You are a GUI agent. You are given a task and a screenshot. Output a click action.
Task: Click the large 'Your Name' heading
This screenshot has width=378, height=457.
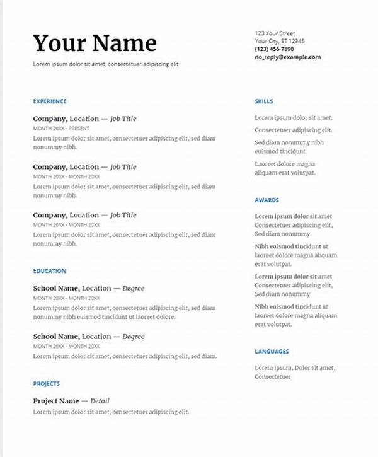[x=94, y=43]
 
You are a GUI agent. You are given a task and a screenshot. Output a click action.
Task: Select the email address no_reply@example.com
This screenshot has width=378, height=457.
[x=287, y=57]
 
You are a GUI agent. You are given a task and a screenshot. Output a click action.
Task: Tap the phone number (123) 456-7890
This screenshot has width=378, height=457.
[x=274, y=49]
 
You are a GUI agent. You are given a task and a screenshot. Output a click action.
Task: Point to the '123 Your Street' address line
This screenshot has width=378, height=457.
[x=275, y=33]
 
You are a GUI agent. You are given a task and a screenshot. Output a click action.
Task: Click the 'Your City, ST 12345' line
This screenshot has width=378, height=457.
[x=280, y=41]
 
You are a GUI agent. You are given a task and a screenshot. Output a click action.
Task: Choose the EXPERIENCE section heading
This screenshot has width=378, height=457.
[x=50, y=101]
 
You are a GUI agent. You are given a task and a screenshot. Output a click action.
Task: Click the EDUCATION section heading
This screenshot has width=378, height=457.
[x=50, y=271]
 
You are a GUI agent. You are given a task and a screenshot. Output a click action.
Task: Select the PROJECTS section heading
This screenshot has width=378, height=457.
[x=47, y=383]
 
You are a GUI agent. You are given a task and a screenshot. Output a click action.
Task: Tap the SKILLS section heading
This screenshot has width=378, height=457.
[x=264, y=101]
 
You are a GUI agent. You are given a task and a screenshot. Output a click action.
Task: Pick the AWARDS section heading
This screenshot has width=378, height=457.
[x=266, y=200]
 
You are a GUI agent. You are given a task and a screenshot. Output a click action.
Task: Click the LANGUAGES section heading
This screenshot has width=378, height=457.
[x=272, y=352]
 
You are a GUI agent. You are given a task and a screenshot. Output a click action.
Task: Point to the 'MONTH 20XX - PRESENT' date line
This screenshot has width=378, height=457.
[x=62, y=128]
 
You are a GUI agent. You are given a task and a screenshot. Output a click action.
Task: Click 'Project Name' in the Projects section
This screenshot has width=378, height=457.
[x=56, y=401]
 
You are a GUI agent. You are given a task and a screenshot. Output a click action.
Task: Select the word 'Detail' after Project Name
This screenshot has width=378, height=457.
[x=100, y=401]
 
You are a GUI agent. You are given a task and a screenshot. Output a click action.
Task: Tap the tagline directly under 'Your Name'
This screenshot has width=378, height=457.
[x=106, y=64]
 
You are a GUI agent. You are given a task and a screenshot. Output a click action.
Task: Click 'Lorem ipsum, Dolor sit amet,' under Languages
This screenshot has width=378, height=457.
[x=295, y=368]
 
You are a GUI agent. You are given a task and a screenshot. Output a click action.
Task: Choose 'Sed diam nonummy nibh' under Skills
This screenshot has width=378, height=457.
[x=289, y=143]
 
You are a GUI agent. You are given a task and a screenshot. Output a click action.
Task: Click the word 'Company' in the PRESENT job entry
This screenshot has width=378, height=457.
[x=50, y=119]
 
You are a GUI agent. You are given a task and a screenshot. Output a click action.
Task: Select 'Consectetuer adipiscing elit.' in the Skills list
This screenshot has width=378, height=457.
[x=294, y=130]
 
